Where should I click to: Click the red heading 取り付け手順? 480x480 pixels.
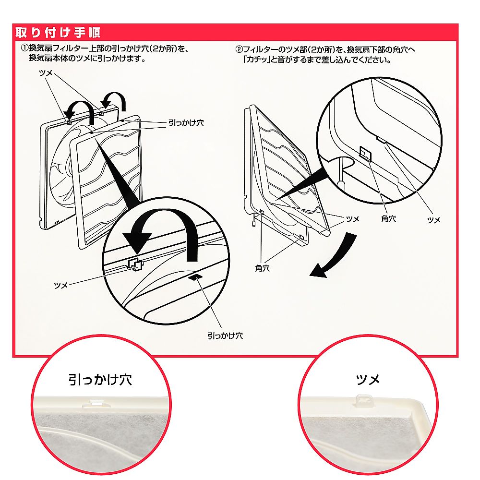(x=58, y=33)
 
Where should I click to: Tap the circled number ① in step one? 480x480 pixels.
(x=24, y=48)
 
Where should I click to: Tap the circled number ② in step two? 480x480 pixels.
(x=239, y=49)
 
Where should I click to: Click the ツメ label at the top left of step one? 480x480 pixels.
(x=46, y=73)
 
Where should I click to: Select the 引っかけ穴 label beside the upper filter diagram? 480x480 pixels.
(x=186, y=123)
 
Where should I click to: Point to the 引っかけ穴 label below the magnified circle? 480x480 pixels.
(x=225, y=336)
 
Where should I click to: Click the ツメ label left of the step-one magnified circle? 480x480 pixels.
(x=60, y=285)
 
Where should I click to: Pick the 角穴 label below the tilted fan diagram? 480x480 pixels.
(x=263, y=268)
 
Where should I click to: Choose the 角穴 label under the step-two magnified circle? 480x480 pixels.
(x=388, y=218)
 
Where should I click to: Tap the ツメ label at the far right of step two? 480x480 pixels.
(x=433, y=220)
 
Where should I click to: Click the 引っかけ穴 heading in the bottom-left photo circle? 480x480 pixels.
(x=100, y=380)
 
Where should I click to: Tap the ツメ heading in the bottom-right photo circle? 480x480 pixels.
(x=368, y=380)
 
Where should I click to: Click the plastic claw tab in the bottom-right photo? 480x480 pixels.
(x=362, y=400)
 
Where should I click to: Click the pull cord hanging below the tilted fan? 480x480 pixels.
(x=254, y=220)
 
